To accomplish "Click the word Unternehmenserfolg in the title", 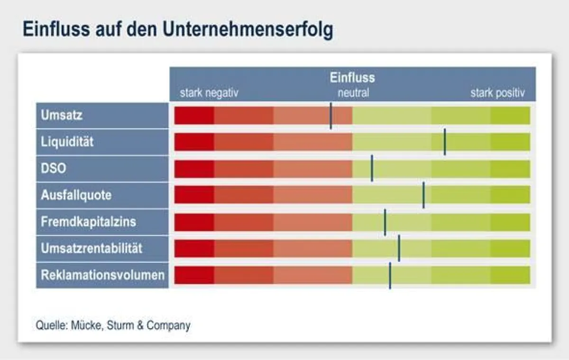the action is tap(248, 29).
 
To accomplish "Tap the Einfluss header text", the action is tap(352, 77).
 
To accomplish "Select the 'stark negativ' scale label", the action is tap(209, 93).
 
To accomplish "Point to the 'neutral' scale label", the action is tap(353, 93).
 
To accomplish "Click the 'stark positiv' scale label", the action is tap(497, 93).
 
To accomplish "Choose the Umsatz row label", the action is tap(62, 115).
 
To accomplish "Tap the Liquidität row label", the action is tap(67, 141).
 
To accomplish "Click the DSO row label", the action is tap(53, 168).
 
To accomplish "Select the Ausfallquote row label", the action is tap(76, 195).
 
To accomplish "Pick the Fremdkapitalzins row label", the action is tap(88, 222).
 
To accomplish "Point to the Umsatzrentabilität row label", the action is tap(92, 248).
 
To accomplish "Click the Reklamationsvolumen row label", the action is tap(102, 275).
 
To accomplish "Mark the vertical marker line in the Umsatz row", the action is tap(331, 116).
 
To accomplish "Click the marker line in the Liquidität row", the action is tap(445, 142).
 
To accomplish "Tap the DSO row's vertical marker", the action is tap(372, 168).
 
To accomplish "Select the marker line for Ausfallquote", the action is tap(423, 195).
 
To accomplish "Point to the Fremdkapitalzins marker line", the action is tap(385, 222).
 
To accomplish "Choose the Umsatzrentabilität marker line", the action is tap(399, 248).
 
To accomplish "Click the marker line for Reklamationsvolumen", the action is tap(390, 276).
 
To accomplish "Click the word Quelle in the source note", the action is tap(52, 325).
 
